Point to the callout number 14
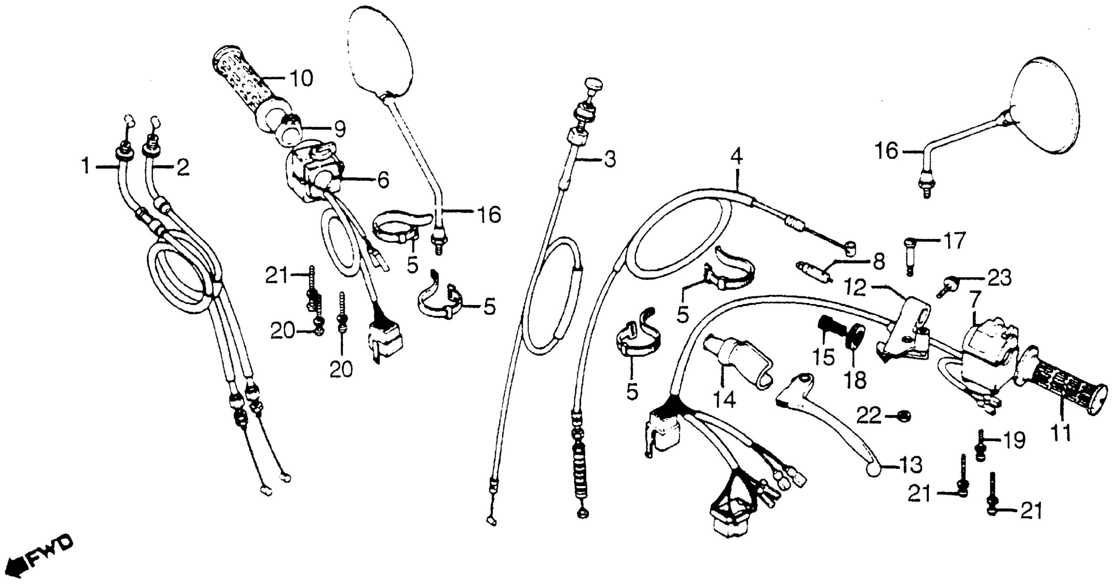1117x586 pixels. (x=725, y=399)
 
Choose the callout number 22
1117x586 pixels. (x=869, y=416)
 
